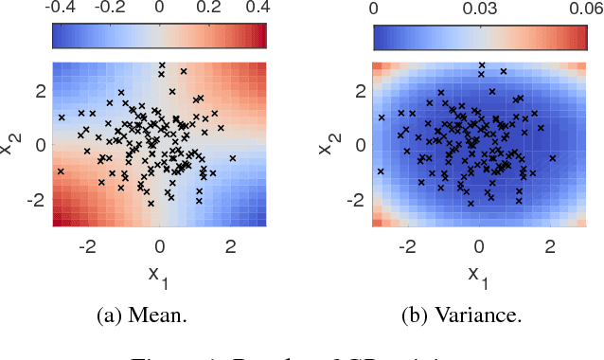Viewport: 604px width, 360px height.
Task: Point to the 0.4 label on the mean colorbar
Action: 256,9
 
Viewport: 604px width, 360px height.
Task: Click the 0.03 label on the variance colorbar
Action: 481,9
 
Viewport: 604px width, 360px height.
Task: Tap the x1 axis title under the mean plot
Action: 158,276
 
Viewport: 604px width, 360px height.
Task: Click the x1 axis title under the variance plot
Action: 479,276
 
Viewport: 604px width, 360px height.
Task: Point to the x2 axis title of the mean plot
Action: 12,145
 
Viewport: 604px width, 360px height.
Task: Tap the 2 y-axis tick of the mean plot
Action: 39,91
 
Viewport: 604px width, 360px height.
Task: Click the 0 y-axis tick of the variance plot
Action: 361,145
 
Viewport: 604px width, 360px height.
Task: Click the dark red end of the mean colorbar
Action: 261,36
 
